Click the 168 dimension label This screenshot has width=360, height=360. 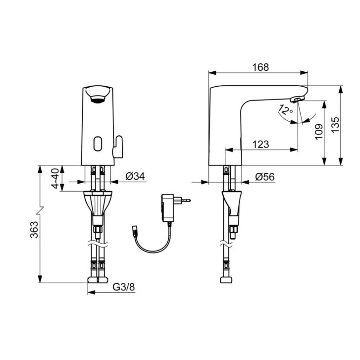coord(260,67)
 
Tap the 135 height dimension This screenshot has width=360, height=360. coord(335,125)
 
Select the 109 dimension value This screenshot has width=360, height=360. coord(319,132)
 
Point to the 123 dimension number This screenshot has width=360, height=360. coord(260,145)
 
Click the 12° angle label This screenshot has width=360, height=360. coord(285,110)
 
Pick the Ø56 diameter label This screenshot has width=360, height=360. coord(265,177)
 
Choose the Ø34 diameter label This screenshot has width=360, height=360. coord(135,176)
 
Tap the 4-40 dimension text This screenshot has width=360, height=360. coord(55,178)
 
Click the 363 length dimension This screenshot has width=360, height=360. coord(34,230)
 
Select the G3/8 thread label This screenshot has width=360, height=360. coord(124,287)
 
